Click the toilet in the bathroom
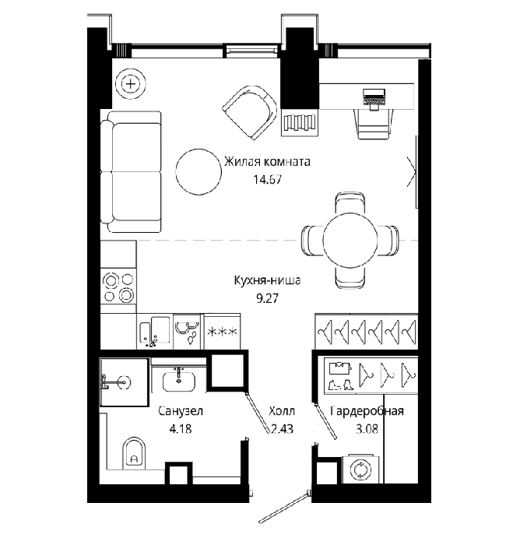(x=134, y=453)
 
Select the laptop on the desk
(x=374, y=98)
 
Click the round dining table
(x=350, y=240)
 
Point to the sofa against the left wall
(x=131, y=172)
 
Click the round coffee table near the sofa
(x=199, y=172)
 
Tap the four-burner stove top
(x=118, y=287)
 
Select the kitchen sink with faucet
(x=155, y=331)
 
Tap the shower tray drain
(x=124, y=382)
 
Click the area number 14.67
(x=267, y=180)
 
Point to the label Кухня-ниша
(x=267, y=280)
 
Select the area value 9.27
(x=267, y=298)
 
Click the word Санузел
(x=181, y=411)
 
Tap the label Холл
(x=282, y=411)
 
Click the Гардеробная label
(x=367, y=411)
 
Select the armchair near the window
(x=250, y=112)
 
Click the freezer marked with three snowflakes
(x=223, y=332)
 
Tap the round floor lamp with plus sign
(x=131, y=84)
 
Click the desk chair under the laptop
(x=374, y=123)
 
